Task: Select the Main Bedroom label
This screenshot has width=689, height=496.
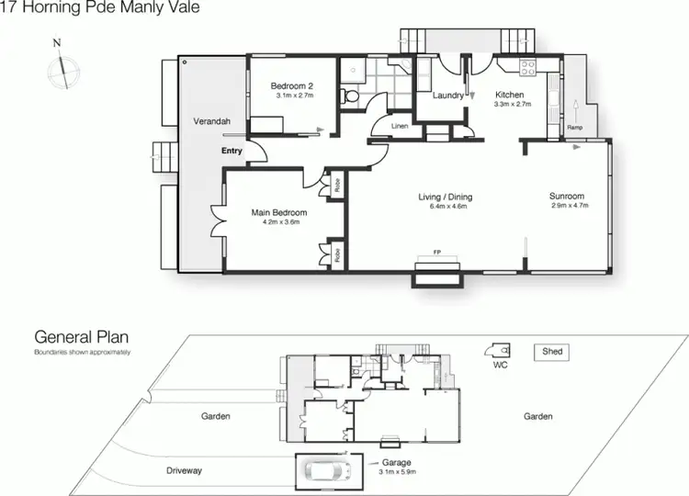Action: pyautogui.click(x=278, y=212)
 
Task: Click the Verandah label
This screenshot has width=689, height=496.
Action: pyautogui.click(x=210, y=121)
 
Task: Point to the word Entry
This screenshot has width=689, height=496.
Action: pyautogui.click(x=232, y=151)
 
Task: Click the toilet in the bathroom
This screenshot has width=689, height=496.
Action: pyautogui.click(x=349, y=95)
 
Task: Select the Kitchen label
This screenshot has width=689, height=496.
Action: pyautogui.click(x=509, y=95)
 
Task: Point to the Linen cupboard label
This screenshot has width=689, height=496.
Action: pyautogui.click(x=399, y=126)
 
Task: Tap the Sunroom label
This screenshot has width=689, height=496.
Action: pyautogui.click(x=566, y=196)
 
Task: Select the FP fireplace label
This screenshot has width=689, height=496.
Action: pyautogui.click(x=437, y=252)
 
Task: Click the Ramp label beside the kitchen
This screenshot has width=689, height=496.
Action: pyautogui.click(x=575, y=127)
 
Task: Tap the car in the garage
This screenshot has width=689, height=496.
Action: pyautogui.click(x=324, y=470)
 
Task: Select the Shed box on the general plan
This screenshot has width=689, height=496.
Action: pyautogui.click(x=552, y=351)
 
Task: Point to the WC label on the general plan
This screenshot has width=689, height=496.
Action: pyautogui.click(x=501, y=365)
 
